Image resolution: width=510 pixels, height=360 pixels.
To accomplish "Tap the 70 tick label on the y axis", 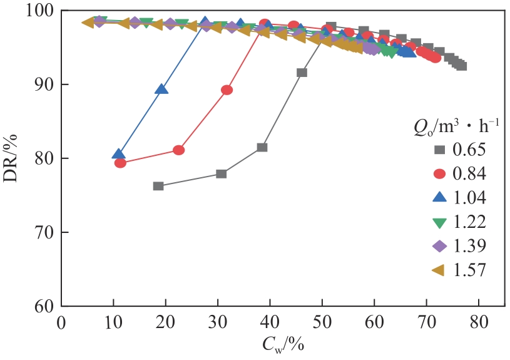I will click(x=44, y=232).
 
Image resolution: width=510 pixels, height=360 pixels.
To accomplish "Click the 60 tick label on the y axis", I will click(x=44, y=306).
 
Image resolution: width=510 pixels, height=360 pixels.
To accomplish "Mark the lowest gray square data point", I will click(x=158, y=186).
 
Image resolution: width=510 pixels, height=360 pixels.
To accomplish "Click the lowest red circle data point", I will click(x=120, y=163).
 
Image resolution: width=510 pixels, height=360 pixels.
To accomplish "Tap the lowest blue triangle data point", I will click(x=119, y=154).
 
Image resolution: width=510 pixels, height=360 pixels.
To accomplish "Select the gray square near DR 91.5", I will click(x=302, y=73).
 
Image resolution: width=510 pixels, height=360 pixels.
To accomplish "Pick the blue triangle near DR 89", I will click(x=161, y=89).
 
